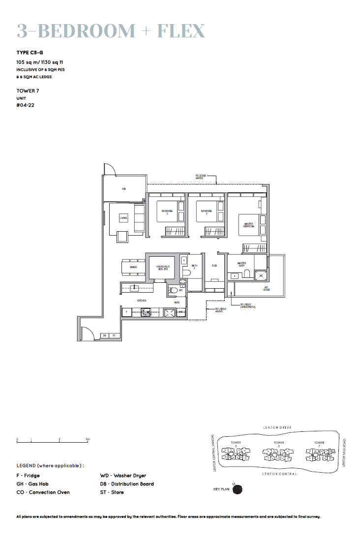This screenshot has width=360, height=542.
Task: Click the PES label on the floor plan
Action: [124, 188]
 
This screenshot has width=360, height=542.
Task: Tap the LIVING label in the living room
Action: [123, 218]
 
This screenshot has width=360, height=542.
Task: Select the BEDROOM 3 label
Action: [167, 212]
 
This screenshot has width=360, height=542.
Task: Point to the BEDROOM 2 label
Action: [206, 212]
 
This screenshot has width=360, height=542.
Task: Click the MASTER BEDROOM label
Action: [249, 225]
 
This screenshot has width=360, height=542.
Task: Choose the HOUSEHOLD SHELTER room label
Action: [163, 268]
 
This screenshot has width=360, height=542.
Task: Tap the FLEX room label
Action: [214, 266]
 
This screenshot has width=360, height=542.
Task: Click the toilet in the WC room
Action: [173, 290]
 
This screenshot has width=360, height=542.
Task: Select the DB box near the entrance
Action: [104, 335]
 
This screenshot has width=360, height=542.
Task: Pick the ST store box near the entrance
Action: [114, 335]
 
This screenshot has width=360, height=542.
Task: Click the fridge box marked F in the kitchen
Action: [127, 312]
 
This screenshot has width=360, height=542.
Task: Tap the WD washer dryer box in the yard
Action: [180, 312]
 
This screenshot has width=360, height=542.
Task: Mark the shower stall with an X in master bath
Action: [261, 276]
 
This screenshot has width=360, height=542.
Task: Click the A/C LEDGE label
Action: [266, 289]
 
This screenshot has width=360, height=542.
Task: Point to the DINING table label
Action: [133, 267]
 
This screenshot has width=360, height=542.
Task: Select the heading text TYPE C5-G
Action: [30, 52]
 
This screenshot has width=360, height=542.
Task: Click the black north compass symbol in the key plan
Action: [238, 489]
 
